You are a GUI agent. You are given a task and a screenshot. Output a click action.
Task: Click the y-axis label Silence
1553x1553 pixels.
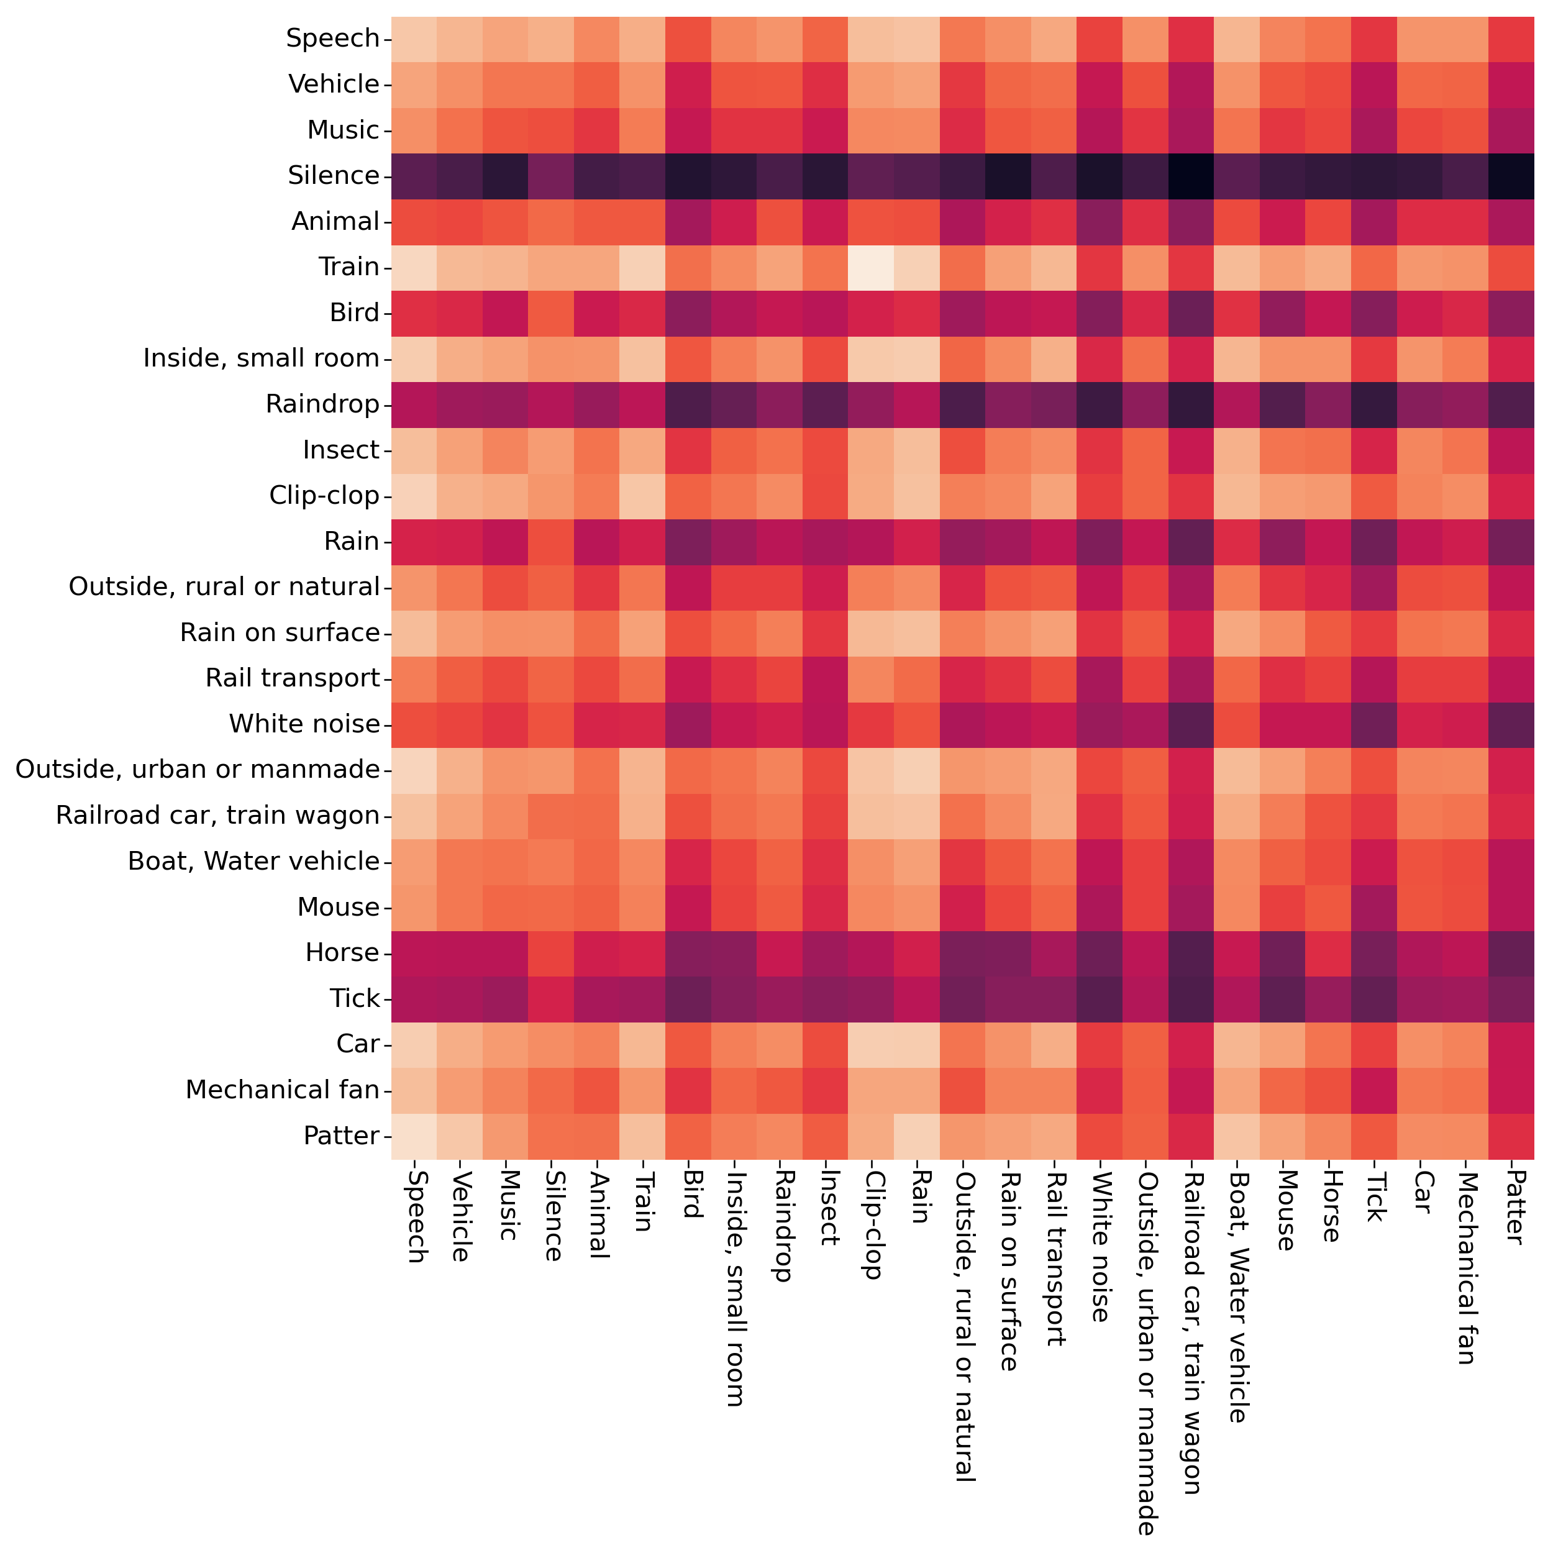(333, 175)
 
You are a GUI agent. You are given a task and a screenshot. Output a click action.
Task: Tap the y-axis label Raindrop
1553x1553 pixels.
(322, 404)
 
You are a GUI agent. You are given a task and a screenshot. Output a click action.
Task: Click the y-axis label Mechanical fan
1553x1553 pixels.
(282, 1090)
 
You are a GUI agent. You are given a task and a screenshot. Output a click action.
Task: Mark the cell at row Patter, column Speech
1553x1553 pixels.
(414, 1136)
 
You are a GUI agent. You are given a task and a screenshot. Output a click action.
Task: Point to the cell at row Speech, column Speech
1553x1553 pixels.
(414, 39)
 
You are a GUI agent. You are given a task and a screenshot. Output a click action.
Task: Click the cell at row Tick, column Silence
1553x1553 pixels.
(552, 998)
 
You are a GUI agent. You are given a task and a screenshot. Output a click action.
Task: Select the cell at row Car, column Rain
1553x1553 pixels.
(916, 1044)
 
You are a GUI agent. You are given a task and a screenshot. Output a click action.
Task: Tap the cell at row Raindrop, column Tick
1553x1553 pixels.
(1373, 404)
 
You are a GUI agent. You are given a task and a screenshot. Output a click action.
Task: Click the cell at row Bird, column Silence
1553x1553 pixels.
(552, 312)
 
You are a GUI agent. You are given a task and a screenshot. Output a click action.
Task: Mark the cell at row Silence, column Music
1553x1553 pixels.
(506, 175)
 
